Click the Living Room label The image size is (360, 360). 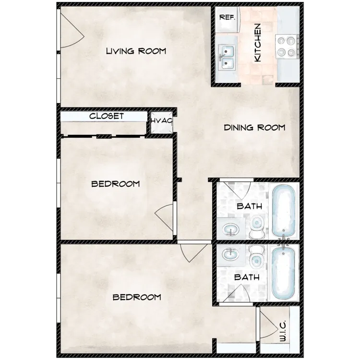tap(136, 51)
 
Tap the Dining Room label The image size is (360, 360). tap(254, 127)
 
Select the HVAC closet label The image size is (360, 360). tap(162, 121)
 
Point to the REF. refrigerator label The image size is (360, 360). tap(228, 17)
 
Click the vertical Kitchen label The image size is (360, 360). tap(258, 42)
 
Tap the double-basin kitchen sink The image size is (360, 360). tap(227, 58)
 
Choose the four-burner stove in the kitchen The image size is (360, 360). tap(287, 47)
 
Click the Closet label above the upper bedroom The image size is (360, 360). tap(107, 116)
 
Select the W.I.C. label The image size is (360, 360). tap(283, 331)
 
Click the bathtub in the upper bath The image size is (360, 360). tap(284, 210)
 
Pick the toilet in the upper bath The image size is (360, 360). tap(257, 227)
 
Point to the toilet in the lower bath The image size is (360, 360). tap(257, 257)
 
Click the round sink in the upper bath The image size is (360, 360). tap(231, 229)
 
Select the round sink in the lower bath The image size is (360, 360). tap(231, 254)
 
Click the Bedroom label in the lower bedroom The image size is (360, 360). tap(137, 297)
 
